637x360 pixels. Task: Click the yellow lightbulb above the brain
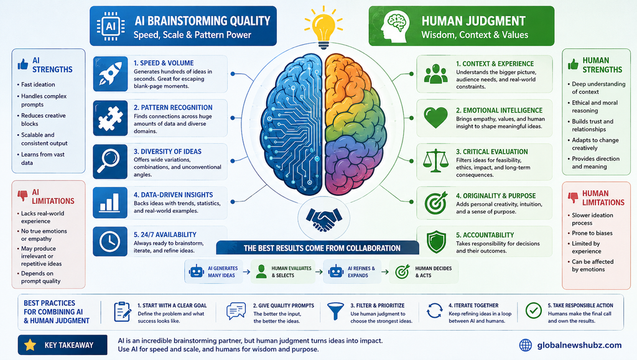coord(323,29)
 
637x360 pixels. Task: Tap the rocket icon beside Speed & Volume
coord(110,73)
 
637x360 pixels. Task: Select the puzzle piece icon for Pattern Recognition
coord(110,118)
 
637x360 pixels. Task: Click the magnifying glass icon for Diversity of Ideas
coord(109,161)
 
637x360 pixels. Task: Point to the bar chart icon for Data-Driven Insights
coord(109,202)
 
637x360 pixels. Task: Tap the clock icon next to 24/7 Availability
coord(109,241)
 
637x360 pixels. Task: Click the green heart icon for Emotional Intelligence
coord(435,118)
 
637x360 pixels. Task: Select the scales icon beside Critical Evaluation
coord(435,161)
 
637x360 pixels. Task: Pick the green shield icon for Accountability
coord(436,241)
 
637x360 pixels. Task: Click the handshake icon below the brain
coord(323,219)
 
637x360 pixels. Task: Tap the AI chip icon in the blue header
coord(111,26)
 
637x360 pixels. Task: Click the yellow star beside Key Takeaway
coord(30,345)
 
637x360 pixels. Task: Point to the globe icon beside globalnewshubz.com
coord(526,345)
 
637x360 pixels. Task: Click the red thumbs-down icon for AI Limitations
coord(23,196)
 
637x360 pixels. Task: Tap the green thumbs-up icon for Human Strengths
coord(573,64)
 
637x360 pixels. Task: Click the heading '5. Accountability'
coord(485,235)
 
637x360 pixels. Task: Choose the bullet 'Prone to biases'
coord(592,233)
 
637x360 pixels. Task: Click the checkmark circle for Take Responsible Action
coord(533,310)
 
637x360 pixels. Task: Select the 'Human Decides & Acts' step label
coord(433,272)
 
